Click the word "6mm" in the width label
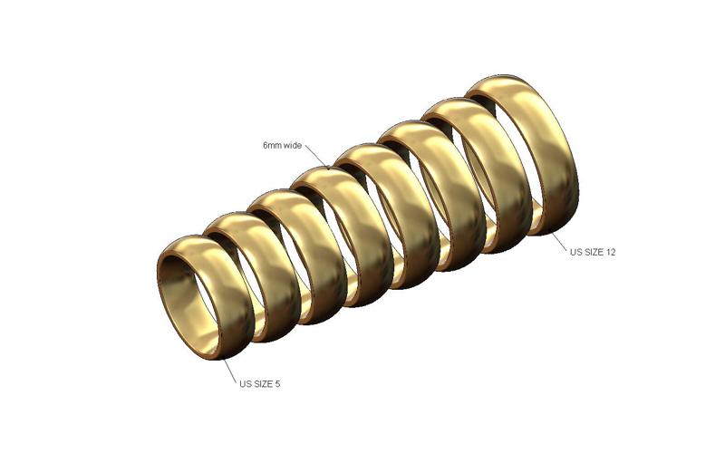(x=272, y=146)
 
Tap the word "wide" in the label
(x=293, y=146)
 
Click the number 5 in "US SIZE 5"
(x=277, y=383)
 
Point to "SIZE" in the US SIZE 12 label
(x=594, y=252)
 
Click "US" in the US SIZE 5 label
(x=245, y=383)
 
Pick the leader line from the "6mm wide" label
(x=316, y=157)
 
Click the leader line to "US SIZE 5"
(x=230, y=371)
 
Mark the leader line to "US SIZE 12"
(x=558, y=241)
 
